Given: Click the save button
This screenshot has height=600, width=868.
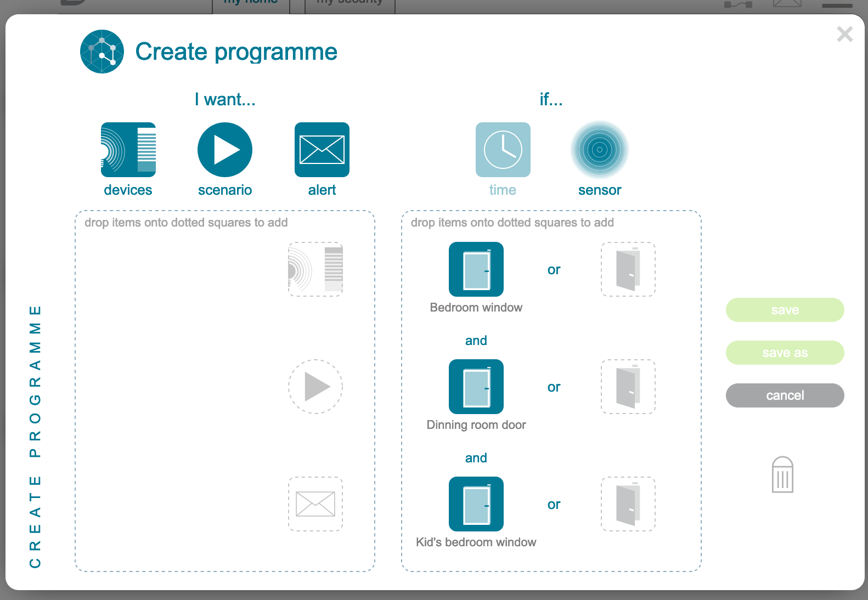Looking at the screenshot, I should point(785,310).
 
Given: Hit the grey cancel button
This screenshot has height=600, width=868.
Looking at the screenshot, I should point(785,395).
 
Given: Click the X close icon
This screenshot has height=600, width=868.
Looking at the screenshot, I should point(844,34).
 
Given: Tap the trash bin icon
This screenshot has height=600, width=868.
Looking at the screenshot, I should point(782,475).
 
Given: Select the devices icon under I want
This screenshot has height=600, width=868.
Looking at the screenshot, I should point(128,150).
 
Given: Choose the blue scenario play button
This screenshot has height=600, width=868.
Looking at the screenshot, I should point(225,150).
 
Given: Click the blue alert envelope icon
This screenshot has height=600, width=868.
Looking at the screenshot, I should point(322,150).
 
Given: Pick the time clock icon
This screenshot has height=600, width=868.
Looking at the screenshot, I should point(503,150).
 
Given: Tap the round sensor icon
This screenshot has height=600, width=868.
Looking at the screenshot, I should point(600,150).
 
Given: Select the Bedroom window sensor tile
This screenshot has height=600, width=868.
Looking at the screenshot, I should point(476,269).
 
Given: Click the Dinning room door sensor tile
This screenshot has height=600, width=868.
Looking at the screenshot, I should point(476,387).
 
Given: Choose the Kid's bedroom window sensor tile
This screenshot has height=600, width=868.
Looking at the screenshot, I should point(476,504).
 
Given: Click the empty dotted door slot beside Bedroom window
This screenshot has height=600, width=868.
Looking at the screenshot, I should point(628,269).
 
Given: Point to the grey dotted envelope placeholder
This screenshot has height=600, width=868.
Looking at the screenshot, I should point(315,504).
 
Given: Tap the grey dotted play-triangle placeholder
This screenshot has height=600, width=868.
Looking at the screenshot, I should point(315,387).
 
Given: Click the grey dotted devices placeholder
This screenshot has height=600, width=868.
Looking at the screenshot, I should point(315,269).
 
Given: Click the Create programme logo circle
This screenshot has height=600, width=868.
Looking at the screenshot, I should point(102,52).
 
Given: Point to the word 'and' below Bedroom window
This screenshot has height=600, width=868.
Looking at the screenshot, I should point(476,341).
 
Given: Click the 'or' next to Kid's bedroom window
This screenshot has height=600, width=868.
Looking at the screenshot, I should point(554,505).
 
